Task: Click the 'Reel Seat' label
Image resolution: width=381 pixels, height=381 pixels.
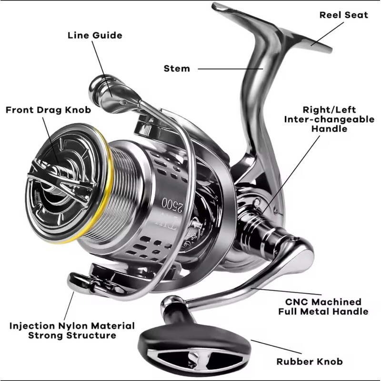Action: pyautogui.click(x=343, y=15)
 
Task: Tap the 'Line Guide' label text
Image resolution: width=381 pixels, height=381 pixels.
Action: pyautogui.click(x=95, y=35)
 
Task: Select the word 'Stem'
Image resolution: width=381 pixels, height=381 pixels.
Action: pyautogui.click(x=177, y=68)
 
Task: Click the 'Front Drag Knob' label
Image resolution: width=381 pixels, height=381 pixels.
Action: pyautogui.click(x=48, y=110)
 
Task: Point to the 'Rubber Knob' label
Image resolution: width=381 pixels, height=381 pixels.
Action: pyautogui.click(x=311, y=361)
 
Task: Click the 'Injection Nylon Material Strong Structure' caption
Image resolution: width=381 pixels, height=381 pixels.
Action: pyautogui.click(x=72, y=331)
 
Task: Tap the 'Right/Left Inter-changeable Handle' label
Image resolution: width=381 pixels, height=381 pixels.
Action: pyautogui.click(x=329, y=119)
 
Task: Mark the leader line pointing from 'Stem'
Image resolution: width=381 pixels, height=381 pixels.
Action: pyautogui.click(x=229, y=68)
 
